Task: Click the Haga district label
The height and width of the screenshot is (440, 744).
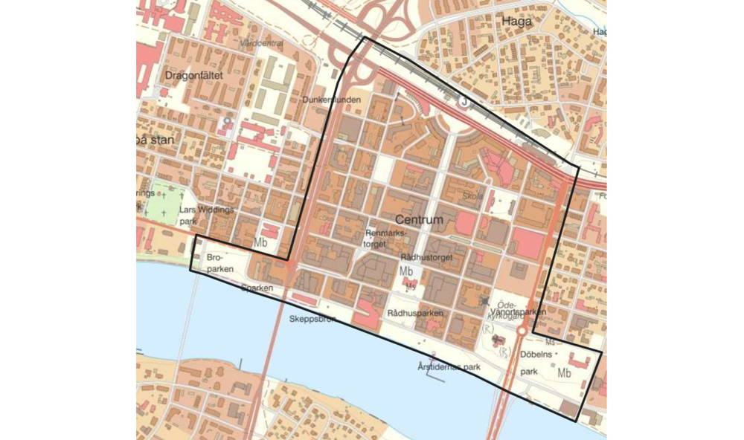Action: coord(517,22)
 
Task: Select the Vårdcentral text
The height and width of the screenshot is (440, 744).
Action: coord(262,44)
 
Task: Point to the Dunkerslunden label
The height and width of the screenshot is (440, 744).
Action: coord(331,100)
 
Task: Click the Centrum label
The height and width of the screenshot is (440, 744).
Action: coord(419,220)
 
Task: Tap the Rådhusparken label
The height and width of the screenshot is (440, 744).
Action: coord(415,314)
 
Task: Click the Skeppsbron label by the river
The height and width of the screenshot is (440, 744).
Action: coord(312,320)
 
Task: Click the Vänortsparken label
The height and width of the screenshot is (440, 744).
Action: coord(528,313)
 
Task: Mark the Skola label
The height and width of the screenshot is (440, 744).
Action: coord(472,196)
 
